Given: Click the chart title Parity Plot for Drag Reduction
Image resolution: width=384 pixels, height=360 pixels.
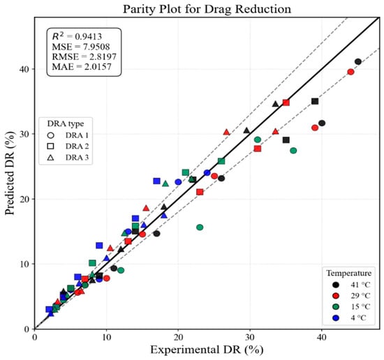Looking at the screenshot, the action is click(x=207, y=9).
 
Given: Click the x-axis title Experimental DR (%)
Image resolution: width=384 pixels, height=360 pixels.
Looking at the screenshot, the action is click(x=207, y=350).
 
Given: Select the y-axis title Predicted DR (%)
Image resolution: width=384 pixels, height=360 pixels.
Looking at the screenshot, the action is click(x=10, y=173).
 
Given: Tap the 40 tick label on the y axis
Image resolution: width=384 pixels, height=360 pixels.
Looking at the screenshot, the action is click(x=24, y=69).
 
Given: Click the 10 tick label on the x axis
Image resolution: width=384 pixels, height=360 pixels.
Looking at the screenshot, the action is click(x=106, y=338).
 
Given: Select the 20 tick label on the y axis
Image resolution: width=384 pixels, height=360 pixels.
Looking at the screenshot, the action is click(x=24, y=200).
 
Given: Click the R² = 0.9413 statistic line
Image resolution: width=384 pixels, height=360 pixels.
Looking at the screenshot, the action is click(x=77, y=36).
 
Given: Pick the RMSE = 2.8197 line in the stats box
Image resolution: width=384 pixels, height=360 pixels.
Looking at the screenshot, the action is click(x=84, y=57).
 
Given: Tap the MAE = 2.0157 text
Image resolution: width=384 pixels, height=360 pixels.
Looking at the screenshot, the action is click(x=82, y=67).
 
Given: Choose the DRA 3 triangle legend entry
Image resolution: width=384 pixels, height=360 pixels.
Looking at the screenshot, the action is click(x=68, y=158).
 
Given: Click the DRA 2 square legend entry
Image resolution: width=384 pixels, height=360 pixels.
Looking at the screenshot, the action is click(x=68, y=146).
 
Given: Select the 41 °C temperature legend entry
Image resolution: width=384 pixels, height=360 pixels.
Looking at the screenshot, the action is click(x=351, y=285).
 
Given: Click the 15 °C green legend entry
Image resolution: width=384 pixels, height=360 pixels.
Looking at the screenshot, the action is click(x=351, y=307).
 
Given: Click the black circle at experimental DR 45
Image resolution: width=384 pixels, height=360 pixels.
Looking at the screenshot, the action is click(x=357, y=61).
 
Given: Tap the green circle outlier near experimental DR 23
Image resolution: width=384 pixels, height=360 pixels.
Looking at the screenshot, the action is click(x=200, y=227).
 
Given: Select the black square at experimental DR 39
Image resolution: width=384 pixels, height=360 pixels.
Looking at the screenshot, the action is click(x=315, y=101).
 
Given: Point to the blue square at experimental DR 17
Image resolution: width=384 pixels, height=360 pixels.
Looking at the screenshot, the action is click(x=156, y=181).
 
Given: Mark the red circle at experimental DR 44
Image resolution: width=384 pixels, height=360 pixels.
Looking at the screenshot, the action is click(x=350, y=72).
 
